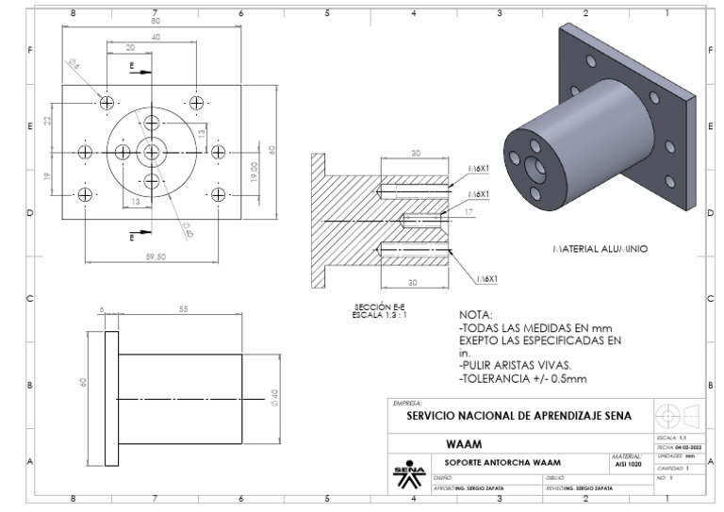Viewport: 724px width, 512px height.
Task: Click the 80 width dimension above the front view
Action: click(x=155, y=20)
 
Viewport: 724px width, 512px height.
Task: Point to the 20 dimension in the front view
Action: click(x=130, y=47)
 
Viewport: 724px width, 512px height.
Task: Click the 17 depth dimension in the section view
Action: click(x=469, y=214)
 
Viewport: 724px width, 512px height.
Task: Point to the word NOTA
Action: click(x=477, y=315)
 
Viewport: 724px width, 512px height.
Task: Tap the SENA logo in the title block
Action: click(x=407, y=469)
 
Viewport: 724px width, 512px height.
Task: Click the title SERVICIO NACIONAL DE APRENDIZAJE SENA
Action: click(x=519, y=415)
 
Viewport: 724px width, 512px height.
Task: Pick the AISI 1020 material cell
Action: click(x=625, y=464)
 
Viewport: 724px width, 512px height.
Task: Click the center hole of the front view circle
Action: click(x=152, y=152)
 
